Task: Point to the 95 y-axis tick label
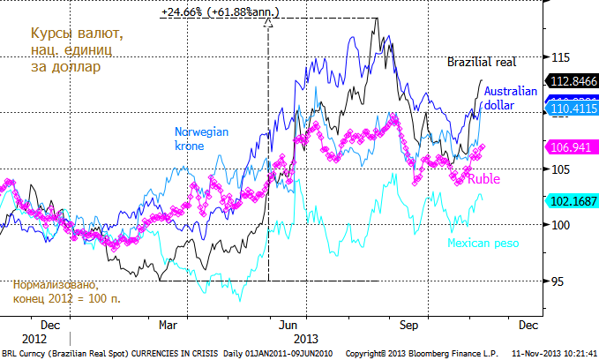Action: point(558,281)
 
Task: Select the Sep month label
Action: point(408,324)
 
